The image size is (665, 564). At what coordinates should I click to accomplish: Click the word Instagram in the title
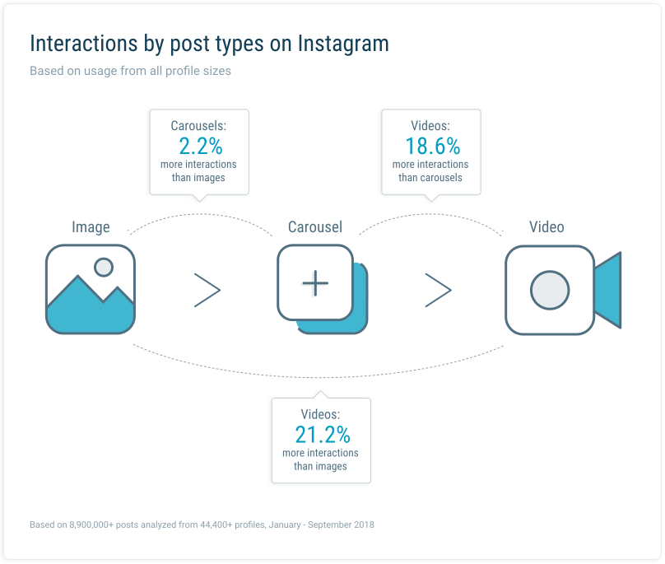[x=342, y=44]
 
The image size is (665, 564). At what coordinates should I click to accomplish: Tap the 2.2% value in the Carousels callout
[x=201, y=146]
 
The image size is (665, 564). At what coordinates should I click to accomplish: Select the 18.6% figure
[x=433, y=146]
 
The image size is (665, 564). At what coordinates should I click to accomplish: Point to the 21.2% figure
[x=323, y=435]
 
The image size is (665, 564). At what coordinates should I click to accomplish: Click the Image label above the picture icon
[x=91, y=227]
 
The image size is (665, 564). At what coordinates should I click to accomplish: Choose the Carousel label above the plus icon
[x=315, y=227]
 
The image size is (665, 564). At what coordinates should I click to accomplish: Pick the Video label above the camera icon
[x=546, y=227]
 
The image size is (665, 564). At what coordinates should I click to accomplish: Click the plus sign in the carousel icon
[x=315, y=283]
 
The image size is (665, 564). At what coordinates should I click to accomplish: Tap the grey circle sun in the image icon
[x=104, y=268]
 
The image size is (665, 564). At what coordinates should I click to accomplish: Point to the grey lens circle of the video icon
[x=550, y=291]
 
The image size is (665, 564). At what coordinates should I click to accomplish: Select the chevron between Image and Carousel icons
[x=207, y=291]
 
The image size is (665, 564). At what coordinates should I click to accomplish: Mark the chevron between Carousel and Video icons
[x=439, y=291]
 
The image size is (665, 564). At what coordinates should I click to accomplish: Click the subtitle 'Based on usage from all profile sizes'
[x=130, y=71]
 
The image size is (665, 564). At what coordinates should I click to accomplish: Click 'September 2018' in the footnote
[x=341, y=524]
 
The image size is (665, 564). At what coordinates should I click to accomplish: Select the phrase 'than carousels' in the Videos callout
[x=430, y=177]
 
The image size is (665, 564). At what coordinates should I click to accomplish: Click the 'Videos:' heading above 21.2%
[x=321, y=414]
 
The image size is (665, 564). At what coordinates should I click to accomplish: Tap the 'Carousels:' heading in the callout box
[x=198, y=126]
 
